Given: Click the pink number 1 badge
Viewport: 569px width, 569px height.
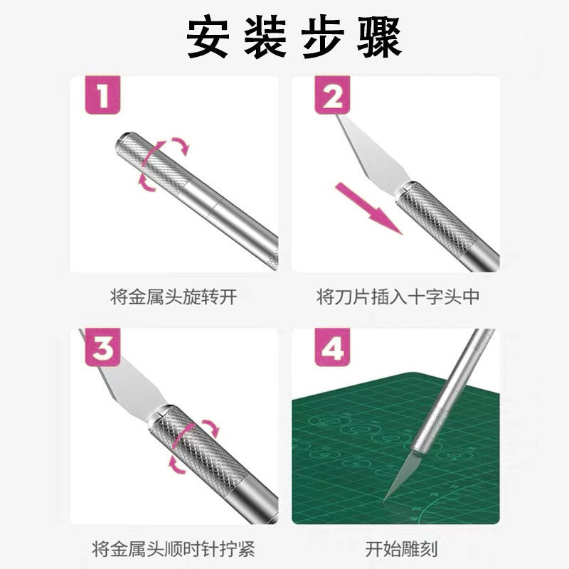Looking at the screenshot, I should (x=102, y=96).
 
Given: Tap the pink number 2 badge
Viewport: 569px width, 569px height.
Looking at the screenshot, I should (x=332, y=96).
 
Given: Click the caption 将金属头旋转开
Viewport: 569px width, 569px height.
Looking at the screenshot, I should (x=174, y=297).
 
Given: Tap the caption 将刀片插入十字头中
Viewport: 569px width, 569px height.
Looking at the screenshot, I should (x=398, y=297).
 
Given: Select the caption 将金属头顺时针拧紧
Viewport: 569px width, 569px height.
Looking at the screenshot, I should (x=174, y=549).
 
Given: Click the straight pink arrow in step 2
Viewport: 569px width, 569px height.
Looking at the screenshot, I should (x=368, y=208).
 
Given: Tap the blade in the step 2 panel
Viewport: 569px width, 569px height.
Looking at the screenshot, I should (x=373, y=156).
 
